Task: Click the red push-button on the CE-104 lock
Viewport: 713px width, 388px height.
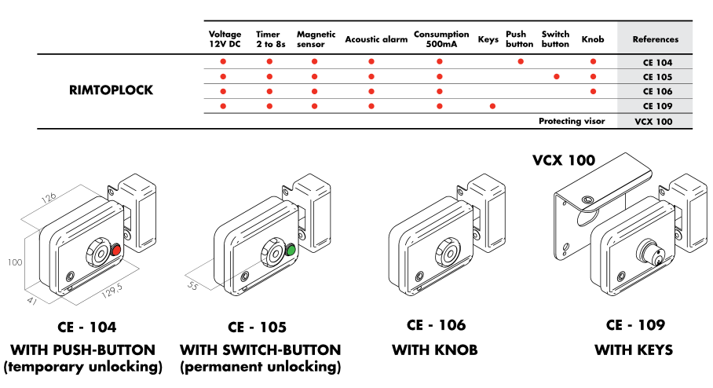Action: pos(115,250)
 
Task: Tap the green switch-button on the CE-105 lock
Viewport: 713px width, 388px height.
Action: pos(291,251)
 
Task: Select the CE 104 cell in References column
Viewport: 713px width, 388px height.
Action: pos(656,62)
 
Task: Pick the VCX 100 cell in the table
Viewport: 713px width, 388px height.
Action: pos(656,122)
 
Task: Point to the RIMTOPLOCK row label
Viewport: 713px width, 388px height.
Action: pos(111,90)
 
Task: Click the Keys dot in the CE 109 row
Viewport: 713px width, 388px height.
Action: pos(493,106)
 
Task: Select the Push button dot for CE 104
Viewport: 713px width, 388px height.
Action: pos(520,62)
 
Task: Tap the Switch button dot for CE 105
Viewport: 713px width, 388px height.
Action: pos(556,77)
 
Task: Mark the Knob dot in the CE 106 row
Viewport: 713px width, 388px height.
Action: pos(593,91)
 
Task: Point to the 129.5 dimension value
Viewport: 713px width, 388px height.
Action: pos(112,294)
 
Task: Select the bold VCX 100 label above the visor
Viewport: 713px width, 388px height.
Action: pos(563,161)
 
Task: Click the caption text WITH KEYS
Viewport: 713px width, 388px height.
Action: pos(633,350)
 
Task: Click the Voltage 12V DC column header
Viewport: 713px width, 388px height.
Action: pos(225,39)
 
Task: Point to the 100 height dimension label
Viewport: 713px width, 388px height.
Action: pos(15,263)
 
